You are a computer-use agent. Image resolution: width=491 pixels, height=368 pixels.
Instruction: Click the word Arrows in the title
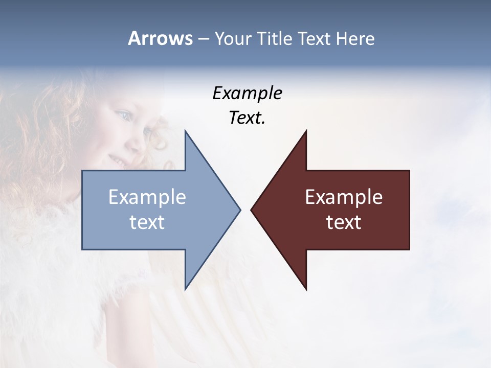[160, 38]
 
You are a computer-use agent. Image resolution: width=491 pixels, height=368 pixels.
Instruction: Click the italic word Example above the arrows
[247, 94]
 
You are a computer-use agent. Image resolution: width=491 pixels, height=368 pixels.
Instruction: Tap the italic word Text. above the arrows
[247, 118]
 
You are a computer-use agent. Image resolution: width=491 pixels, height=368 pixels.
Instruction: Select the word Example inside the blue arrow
[147, 197]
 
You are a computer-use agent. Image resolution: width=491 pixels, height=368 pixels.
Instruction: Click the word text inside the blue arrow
[147, 222]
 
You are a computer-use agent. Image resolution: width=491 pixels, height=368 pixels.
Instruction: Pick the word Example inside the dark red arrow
[344, 197]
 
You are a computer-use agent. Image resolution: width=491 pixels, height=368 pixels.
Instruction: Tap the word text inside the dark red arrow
[344, 222]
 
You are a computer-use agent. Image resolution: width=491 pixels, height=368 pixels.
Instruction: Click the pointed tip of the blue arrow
[240, 210]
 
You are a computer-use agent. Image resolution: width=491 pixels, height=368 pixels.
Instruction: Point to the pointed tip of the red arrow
[251, 210]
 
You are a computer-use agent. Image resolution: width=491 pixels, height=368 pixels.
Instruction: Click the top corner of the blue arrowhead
[185, 131]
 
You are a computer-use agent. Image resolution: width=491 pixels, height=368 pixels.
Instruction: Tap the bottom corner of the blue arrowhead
[185, 289]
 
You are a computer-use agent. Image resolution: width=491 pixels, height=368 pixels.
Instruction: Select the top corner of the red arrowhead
[306, 131]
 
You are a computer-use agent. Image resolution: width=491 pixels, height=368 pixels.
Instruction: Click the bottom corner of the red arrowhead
[306, 289]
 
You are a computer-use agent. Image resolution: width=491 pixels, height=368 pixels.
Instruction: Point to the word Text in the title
[316, 39]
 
